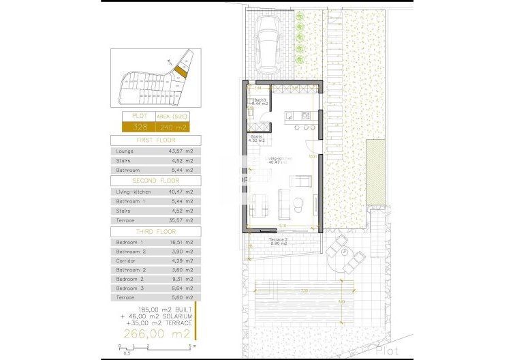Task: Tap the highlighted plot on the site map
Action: click(x=180, y=70)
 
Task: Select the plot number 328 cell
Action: click(x=140, y=127)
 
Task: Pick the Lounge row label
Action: click(x=125, y=151)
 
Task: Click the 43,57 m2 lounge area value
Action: click(x=183, y=151)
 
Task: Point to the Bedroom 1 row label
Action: click(x=130, y=242)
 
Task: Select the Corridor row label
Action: click(x=127, y=260)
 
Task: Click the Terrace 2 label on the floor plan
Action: click(x=277, y=241)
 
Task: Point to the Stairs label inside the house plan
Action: click(x=257, y=136)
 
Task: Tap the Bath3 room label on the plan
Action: click(x=260, y=100)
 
